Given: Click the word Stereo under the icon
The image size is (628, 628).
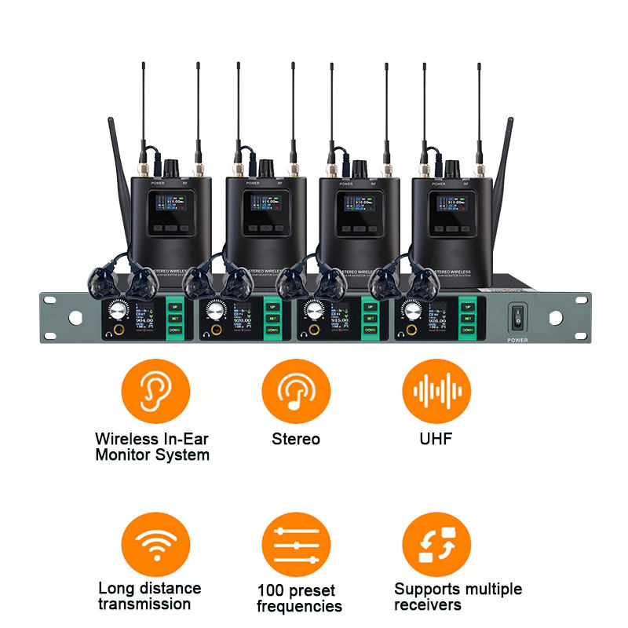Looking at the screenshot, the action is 296,439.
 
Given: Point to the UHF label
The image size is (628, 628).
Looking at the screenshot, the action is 436,439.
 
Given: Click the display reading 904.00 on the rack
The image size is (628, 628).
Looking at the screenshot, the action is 144,320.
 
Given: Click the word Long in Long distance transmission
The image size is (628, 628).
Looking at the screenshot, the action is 115,588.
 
